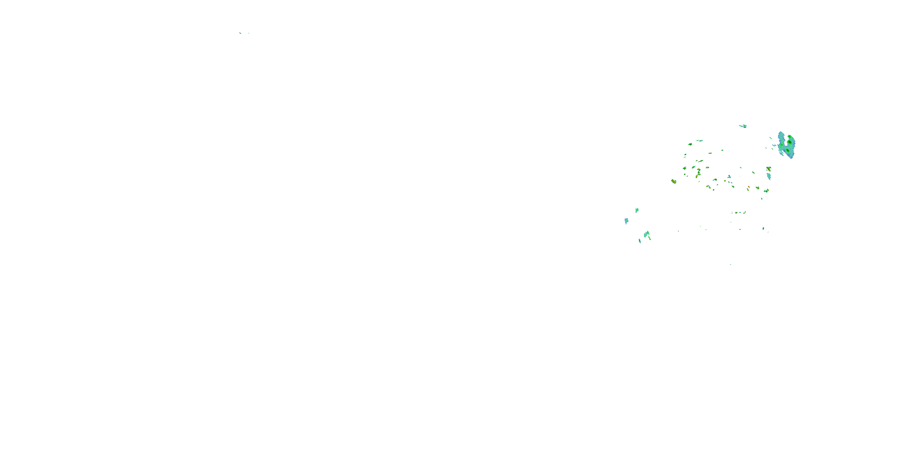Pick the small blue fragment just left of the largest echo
click(x=774, y=145)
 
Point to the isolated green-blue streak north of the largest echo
click(x=743, y=126)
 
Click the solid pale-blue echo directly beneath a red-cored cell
click(x=769, y=176)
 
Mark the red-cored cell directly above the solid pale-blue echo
click(x=769, y=169)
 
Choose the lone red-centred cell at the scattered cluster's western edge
click(x=674, y=182)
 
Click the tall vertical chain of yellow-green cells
click(x=698, y=172)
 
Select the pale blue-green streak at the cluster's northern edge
click(x=700, y=141)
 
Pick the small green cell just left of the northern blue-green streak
click(x=690, y=144)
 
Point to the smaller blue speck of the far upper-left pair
click(x=249, y=33)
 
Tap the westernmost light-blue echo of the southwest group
click(x=626, y=221)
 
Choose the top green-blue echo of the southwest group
click(x=637, y=210)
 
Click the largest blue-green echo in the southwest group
click(x=646, y=234)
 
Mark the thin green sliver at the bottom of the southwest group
click(x=640, y=241)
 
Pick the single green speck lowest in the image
click(x=731, y=264)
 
